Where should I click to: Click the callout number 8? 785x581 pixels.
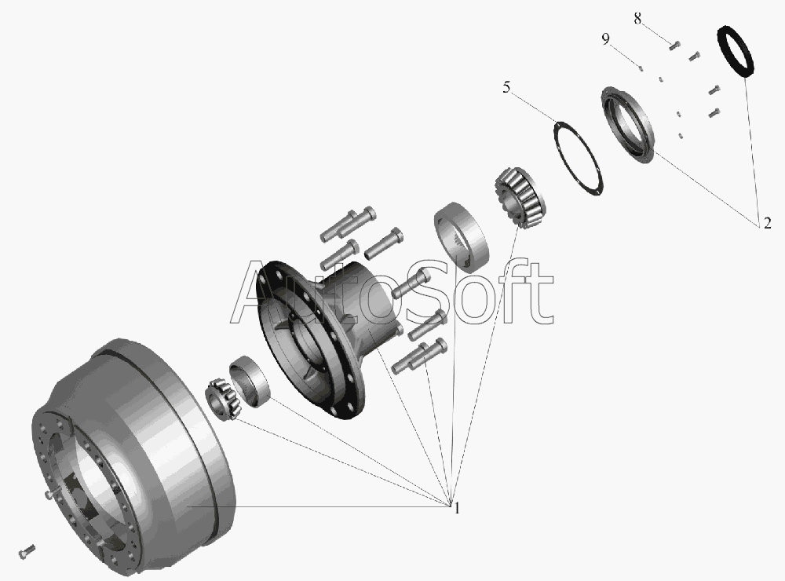tap(637, 19)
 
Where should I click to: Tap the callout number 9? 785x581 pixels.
tap(606, 39)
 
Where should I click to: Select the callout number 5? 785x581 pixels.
tap(506, 88)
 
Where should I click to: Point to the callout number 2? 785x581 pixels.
tap(768, 224)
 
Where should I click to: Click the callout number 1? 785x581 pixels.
tap(457, 509)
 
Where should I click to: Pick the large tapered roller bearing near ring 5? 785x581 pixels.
tap(520, 197)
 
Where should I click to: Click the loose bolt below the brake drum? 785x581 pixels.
tap(27, 551)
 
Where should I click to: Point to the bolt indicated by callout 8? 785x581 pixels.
tap(674, 46)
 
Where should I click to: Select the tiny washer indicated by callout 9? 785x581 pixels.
tap(641, 68)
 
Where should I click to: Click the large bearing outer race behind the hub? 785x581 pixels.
tap(461, 237)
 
